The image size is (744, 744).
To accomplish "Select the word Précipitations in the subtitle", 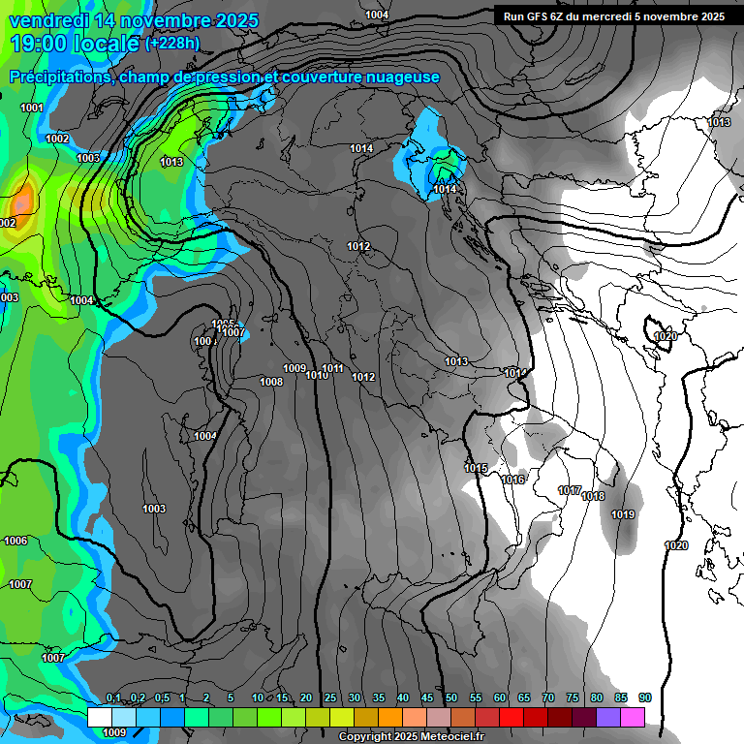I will point(58,77).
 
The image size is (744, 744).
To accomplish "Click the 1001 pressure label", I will point(32,108).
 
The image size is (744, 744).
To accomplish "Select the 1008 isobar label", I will point(271,382).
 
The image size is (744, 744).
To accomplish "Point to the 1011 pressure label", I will point(333,368).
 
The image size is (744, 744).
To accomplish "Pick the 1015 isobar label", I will point(475,468).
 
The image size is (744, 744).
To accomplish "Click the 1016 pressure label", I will point(512,480).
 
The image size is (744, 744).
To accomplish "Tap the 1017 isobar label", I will point(570,490).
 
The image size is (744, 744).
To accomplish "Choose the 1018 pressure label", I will point(593,496).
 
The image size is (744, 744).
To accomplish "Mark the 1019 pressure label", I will point(623,514).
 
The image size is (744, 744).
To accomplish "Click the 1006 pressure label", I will point(15,541).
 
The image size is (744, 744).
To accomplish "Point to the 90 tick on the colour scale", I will point(644,697).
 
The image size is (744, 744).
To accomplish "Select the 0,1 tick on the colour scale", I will point(113,697).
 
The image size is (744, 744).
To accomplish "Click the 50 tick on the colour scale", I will point(451,697).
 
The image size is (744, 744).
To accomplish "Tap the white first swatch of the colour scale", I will point(99,717).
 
